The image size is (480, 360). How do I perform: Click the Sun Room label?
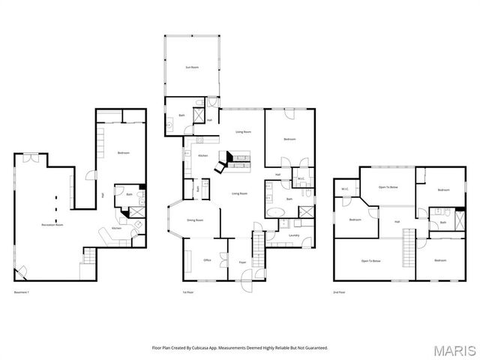(193, 67)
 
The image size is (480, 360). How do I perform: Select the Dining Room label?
(195, 220)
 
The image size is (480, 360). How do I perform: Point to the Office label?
(207, 259)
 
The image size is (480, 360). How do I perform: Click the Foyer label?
(242, 262)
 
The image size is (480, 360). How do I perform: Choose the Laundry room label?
(294, 236)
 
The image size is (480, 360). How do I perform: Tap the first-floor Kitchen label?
(203, 155)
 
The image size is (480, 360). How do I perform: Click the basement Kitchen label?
(116, 228)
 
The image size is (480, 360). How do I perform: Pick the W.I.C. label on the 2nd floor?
(345, 188)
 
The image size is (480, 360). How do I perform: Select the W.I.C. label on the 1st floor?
(300, 178)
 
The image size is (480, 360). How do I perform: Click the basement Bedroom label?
(124, 153)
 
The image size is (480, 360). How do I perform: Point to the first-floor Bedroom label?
(289, 139)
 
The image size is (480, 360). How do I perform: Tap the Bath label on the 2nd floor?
(442, 222)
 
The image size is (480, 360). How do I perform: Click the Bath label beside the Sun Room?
(181, 115)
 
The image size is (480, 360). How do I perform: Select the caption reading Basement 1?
(22, 291)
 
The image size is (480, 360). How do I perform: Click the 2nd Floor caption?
(340, 291)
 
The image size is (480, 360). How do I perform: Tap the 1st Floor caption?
(188, 291)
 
